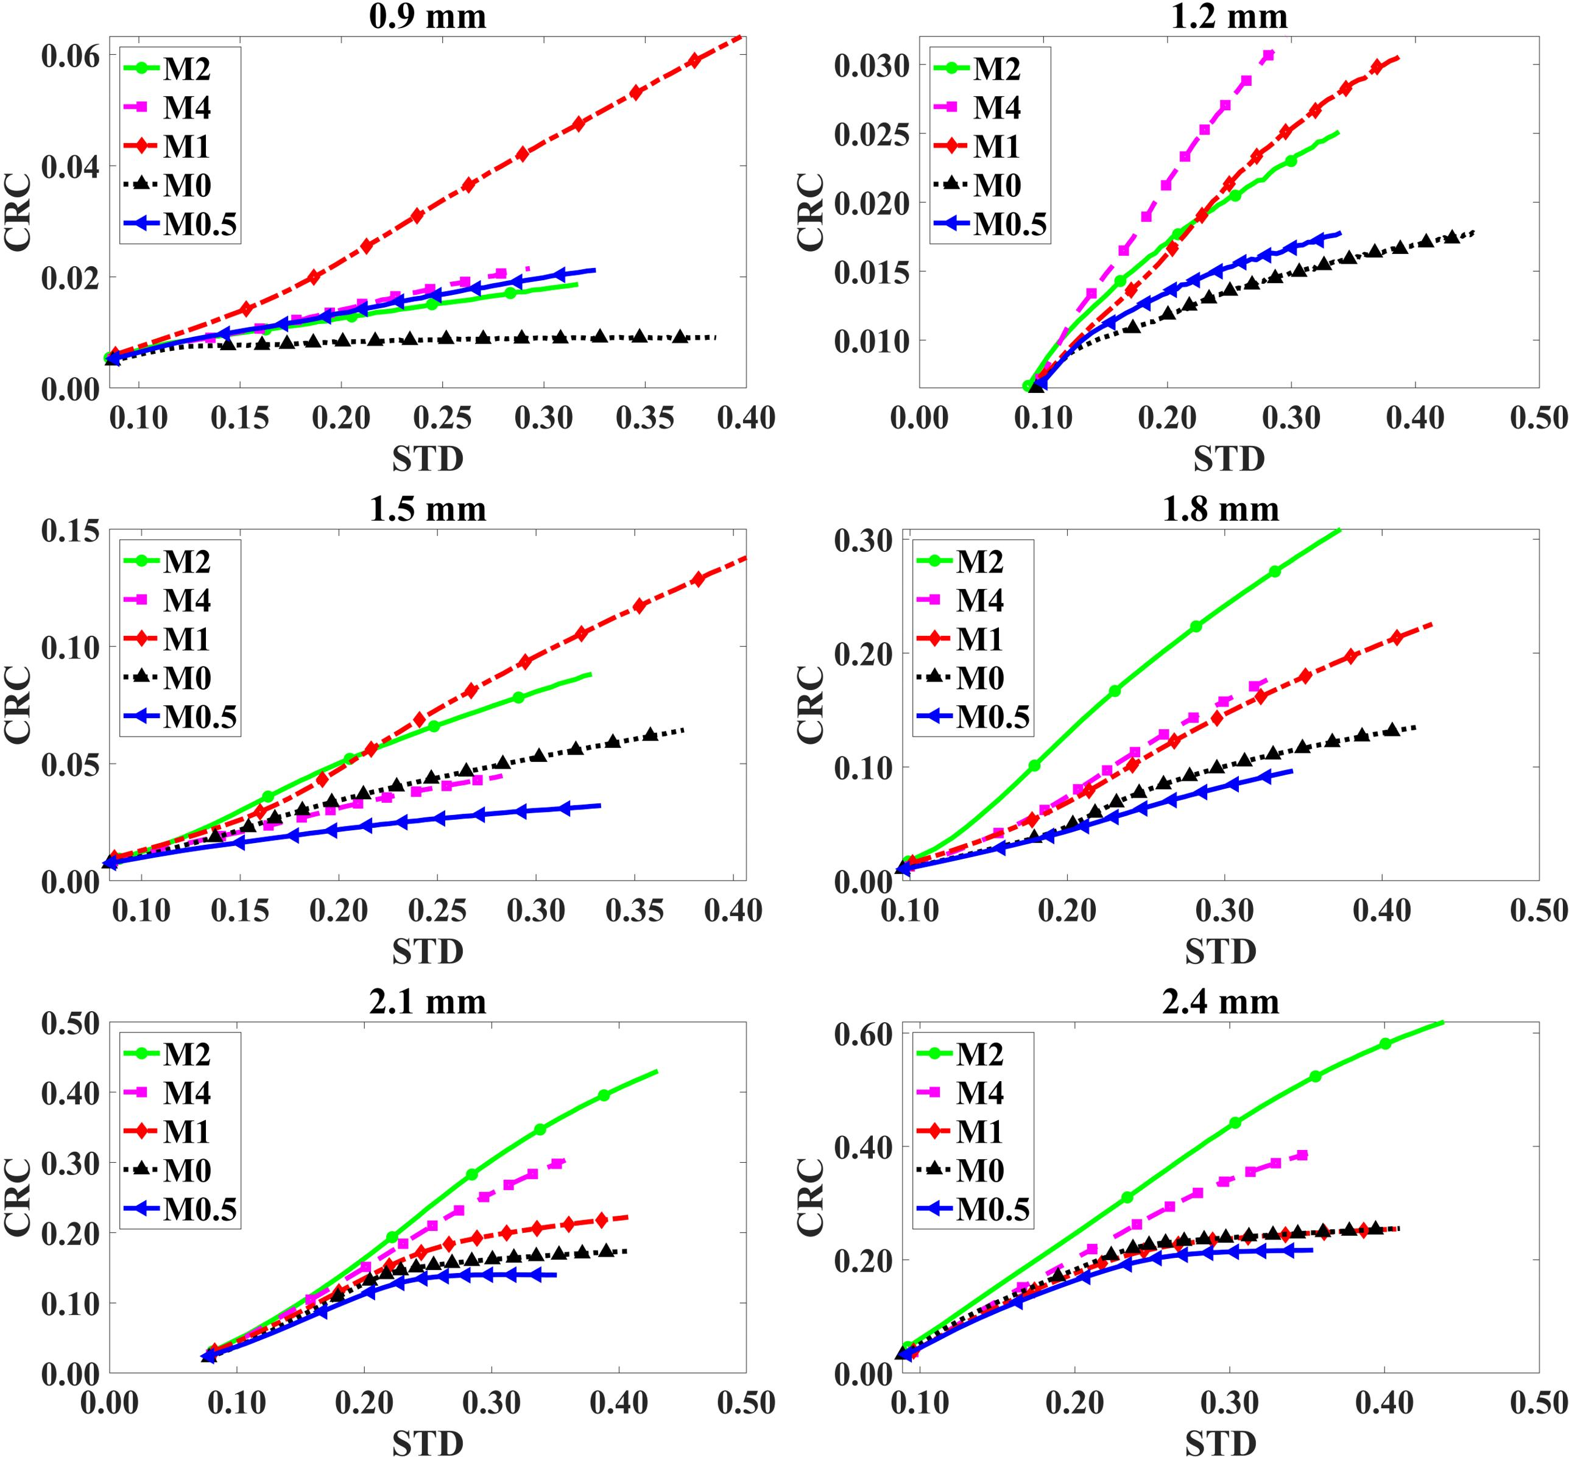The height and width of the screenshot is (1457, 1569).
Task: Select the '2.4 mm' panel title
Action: [x=1221, y=1001]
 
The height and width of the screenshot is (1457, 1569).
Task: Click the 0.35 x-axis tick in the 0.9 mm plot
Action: [x=645, y=418]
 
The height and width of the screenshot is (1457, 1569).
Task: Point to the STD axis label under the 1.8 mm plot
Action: [x=1221, y=951]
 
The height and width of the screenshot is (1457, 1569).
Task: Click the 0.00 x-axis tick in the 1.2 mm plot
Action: [x=919, y=418]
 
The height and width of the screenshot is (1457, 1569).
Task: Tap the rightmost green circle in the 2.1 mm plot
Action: [x=604, y=1095]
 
